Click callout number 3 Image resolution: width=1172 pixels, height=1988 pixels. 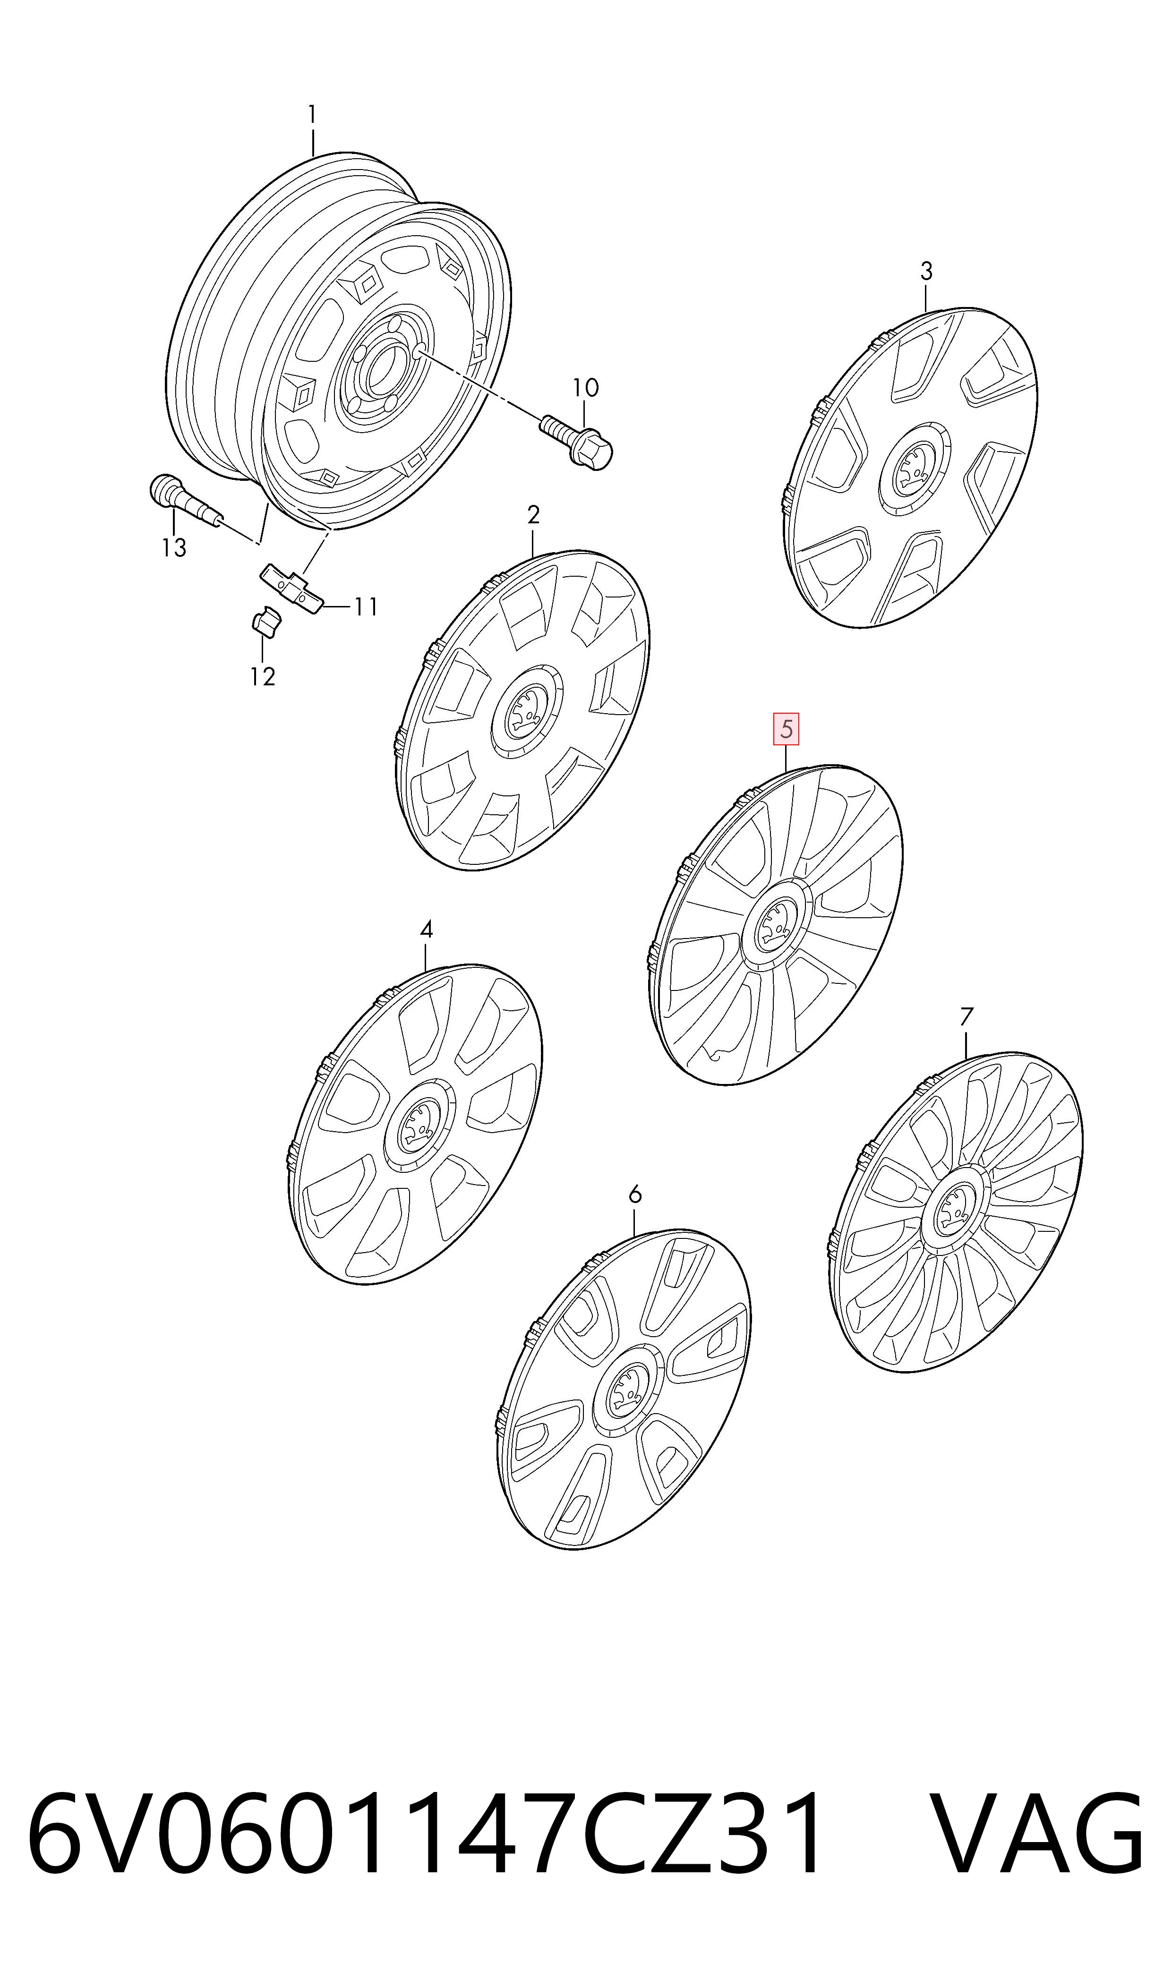pyautogui.click(x=926, y=272)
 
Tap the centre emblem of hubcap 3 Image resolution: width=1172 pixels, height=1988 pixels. pyautogui.click(x=911, y=470)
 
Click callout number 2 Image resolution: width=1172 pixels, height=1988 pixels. pyautogui.click(x=534, y=516)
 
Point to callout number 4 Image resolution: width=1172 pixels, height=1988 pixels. pyautogui.click(x=427, y=930)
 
